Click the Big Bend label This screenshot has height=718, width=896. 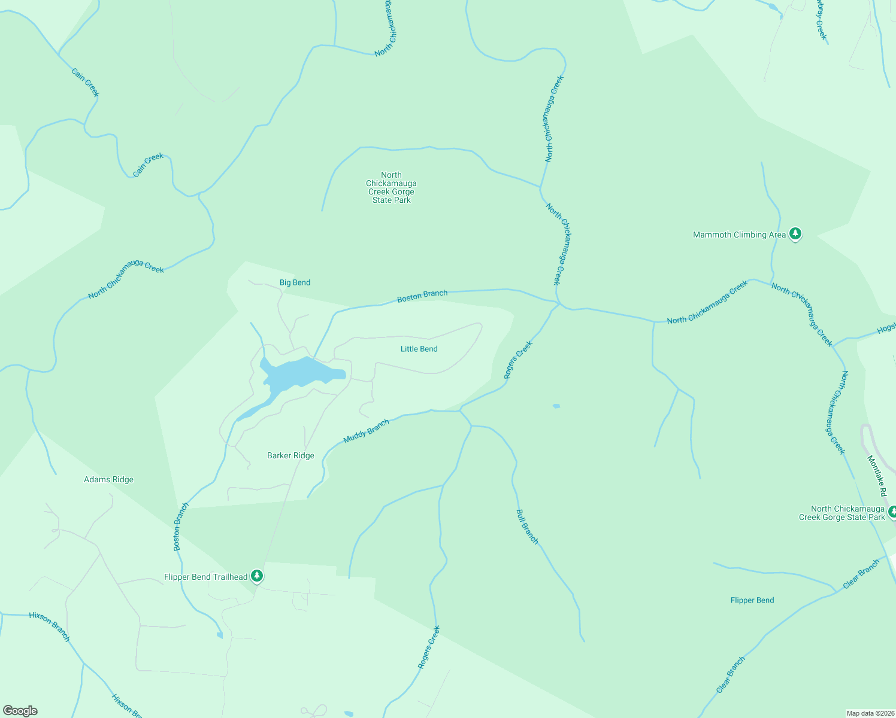click(x=295, y=282)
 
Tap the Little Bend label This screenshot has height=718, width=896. click(x=419, y=349)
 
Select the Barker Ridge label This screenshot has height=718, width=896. click(x=290, y=455)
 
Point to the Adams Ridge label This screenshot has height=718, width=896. click(x=108, y=479)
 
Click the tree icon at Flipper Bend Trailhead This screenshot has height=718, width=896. click(x=257, y=576)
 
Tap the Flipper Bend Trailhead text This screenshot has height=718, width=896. click(x=205, y=577)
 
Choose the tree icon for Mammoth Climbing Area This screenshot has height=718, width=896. click(x=795, y=234)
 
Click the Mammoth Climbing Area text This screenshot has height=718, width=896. click(x=739, y=235)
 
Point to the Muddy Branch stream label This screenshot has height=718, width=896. click(x=366, y=431)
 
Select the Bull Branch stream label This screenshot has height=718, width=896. click(x=527, y=527)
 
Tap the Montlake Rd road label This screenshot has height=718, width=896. click(x=876, y=476)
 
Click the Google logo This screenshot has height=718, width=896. click(x=20, y=711)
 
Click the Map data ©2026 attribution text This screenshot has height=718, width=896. click(x=870, y=713)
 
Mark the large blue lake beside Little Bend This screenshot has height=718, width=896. click(x=299, y=373)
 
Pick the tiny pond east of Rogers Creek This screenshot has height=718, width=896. click(x=556, y=406)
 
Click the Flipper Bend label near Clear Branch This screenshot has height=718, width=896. click(x=752, y=600)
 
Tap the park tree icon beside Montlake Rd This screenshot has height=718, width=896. click(x=892, y=512)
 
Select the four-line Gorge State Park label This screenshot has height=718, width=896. click(x=391, y=188)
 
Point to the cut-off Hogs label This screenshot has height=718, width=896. click(x=886, y=330)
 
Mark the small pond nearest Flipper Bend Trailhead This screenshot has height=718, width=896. click(x=220, y=635)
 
